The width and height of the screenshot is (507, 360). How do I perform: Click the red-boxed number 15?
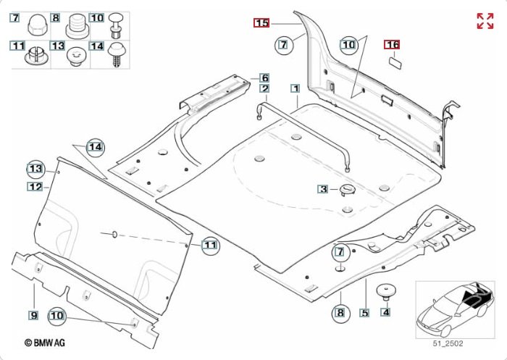point(261,23)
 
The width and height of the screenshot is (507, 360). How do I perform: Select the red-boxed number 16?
point(392,44)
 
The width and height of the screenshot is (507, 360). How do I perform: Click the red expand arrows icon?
point(485,21)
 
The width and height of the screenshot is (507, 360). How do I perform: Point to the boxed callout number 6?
point(265,78)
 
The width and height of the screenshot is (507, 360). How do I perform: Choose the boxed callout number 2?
point(265,88)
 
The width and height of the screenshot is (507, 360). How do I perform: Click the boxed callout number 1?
point(295,88)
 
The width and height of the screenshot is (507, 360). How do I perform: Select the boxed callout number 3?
point(323,189)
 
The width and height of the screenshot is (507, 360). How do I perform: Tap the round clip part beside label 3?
point(346,189)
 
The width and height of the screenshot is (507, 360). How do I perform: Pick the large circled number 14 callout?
point(95,147)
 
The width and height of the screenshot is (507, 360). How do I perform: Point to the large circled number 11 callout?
point(209,246)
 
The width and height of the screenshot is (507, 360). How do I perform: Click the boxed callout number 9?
point(33,314)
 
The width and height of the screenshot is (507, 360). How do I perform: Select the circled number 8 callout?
point(339,313)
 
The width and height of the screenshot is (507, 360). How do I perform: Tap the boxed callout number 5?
point(364,314)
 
